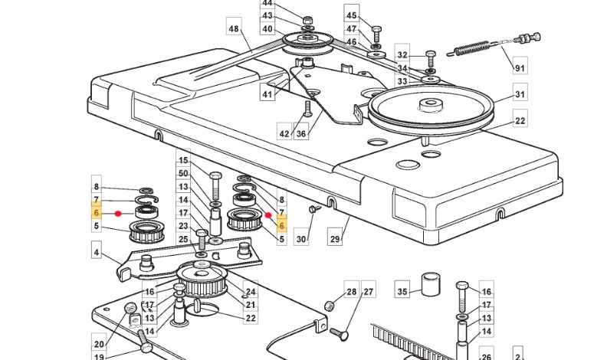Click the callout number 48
pyautogui.click(x=234, y=29)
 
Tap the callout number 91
pyautogui.click(x=520, y=68)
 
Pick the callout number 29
pyautogui.click(x=335, y=240)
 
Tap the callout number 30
pyautogui.click(x=301, y=240)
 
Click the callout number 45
pyautogui.click(x=352, y=15)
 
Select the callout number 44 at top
pyautogui.click(x=267, y=3)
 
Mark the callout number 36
pyautogui.click(x=301, y=133)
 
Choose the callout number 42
pyautogui.click(x=284, y=133)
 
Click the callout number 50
pyautogui.click(x=183, y=174)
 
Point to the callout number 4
pyautogui.click(x=97, y=252)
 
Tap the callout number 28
pyautogui.click(x=352, y=291)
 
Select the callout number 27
pyautogui.click(x=369, y=291)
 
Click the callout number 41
pyautogui.click(x=267, y=95)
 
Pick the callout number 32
pyautogui.click(x=402, y=55)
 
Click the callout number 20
pyautogui.click(x=99, y=344)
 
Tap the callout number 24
pyautogui.click(x=251, y=292)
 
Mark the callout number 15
pyautogui.click(x=183, y=161)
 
